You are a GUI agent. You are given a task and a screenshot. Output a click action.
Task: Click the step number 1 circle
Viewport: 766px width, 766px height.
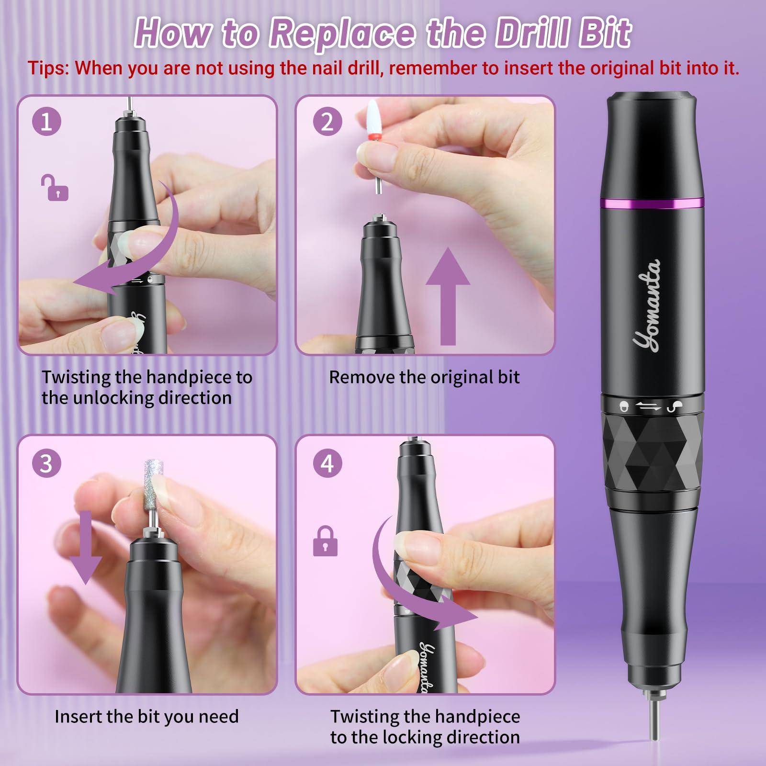[47, 122]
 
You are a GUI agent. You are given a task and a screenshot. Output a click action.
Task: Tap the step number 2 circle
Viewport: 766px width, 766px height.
[327, 122]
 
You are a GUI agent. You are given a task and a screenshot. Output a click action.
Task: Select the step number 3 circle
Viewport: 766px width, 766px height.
[47, 463]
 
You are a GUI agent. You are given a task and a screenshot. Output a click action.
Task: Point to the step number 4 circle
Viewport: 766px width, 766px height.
[327, 463]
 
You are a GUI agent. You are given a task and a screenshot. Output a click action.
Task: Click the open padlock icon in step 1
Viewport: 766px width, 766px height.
[55, 188]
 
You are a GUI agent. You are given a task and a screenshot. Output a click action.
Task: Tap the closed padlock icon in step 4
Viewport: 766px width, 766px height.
[325, 541]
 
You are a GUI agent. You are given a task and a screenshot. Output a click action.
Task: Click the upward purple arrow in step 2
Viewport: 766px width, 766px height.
[448, 297]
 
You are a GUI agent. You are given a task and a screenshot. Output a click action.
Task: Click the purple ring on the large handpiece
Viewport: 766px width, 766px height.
[652, 203]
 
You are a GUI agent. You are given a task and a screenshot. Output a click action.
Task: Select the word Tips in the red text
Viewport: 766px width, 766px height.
[48, 68]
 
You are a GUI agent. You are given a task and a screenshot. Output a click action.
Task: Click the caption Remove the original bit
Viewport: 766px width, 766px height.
[424, 377]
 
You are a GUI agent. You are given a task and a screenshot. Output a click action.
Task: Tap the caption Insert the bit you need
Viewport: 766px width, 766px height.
[146, 717]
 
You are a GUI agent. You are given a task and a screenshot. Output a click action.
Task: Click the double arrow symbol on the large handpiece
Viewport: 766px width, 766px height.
[648, 407]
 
